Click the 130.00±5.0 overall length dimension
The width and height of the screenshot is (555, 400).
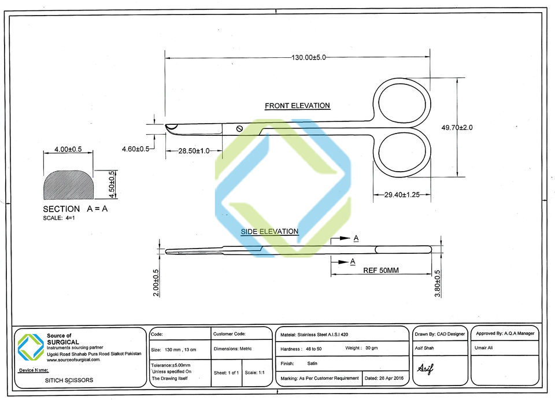(x=308, y=57)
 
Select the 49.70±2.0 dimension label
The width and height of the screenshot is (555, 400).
(x=457, y=127)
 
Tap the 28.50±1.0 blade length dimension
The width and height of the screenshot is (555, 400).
(x=194, y=151)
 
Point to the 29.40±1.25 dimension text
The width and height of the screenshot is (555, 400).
(x=402, y=195)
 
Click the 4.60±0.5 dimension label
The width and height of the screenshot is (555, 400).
(x=135, y=149)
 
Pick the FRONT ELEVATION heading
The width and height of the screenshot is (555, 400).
(x=297, y=105)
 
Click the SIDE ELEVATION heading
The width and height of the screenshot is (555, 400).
(x=269, y=232)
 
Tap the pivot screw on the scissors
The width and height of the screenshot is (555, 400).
(x=239, y=128)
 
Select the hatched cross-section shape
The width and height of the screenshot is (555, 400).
(x=68, y=185)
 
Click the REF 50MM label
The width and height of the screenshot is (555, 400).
(x=381, y=271)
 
